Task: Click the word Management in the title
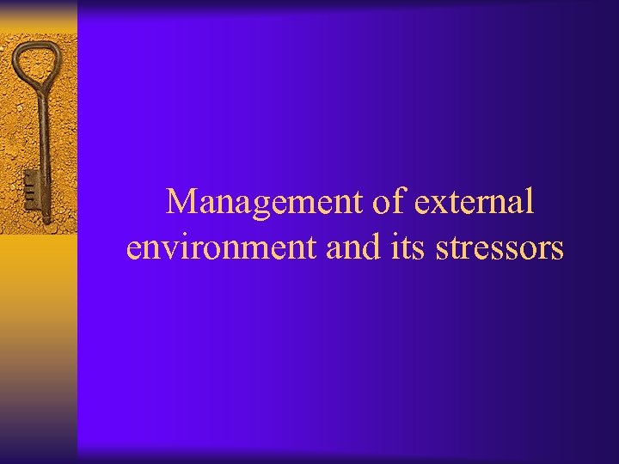(x=266, y=203)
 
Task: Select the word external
(x=475, y=203)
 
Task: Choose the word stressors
(x=499, y=247)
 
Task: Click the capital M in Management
(x=182, y=203)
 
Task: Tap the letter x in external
(x=436, y=205)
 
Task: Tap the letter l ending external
(x=530, y=201)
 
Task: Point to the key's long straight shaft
(x=40, y=137)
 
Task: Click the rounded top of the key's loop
(x=35, y=41)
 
